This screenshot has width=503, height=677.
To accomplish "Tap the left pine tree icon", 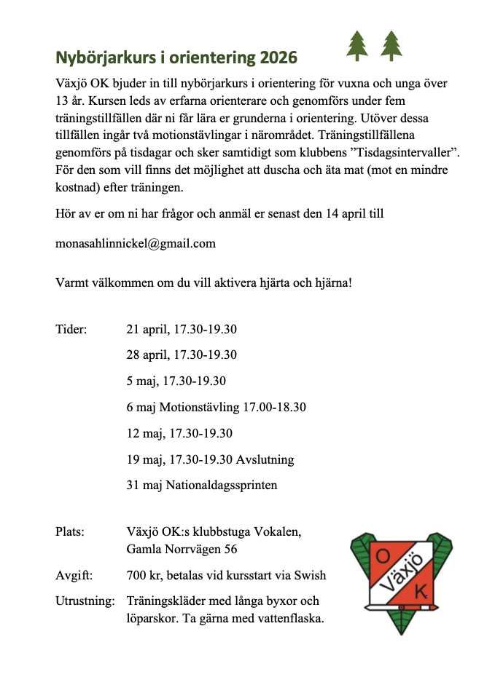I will [357, 46].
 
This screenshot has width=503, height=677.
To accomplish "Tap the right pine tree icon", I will [392, 46].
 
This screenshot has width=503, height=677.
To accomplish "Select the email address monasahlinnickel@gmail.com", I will [136, 243].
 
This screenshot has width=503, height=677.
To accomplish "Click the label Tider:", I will [71, 329].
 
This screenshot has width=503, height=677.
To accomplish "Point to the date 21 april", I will [148, 329].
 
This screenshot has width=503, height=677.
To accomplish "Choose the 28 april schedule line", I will [182, 355].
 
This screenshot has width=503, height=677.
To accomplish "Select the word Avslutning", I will [265, 459].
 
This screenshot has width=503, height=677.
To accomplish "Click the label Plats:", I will [70, 531].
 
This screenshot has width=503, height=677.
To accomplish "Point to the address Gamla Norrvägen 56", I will [182, 549].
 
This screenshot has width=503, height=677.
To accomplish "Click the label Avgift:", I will [74, 576].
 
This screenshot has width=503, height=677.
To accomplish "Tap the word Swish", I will [311, 576].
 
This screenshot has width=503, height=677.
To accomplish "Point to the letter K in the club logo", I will [420, 593].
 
